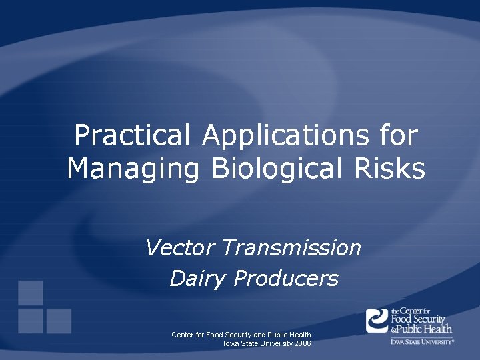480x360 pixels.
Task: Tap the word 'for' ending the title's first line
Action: pos(399,136)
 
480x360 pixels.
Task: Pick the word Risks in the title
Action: pos(395,169)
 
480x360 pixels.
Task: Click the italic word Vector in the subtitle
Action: pos(180,248)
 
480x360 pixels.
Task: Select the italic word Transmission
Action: pos(291,248)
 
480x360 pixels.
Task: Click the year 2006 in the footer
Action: pos(301,343)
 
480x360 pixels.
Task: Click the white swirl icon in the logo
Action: pos(377,320)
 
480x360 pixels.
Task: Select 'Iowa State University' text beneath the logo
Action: pos(422,341)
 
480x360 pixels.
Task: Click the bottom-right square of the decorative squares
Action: pos(59,321)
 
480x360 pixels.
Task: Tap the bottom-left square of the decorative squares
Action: pos(31,321)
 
